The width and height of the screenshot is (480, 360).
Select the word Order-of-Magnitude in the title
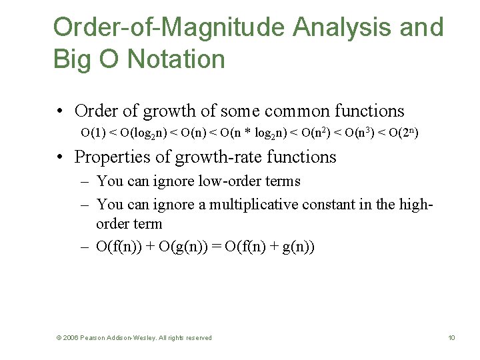click(168, 28)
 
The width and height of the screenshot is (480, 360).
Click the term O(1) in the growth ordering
click(93, 133)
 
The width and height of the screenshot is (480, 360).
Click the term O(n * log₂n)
click(253, 133)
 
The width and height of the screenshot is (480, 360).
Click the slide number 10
click(451, 338)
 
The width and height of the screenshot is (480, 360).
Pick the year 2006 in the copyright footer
click(71, 338)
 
